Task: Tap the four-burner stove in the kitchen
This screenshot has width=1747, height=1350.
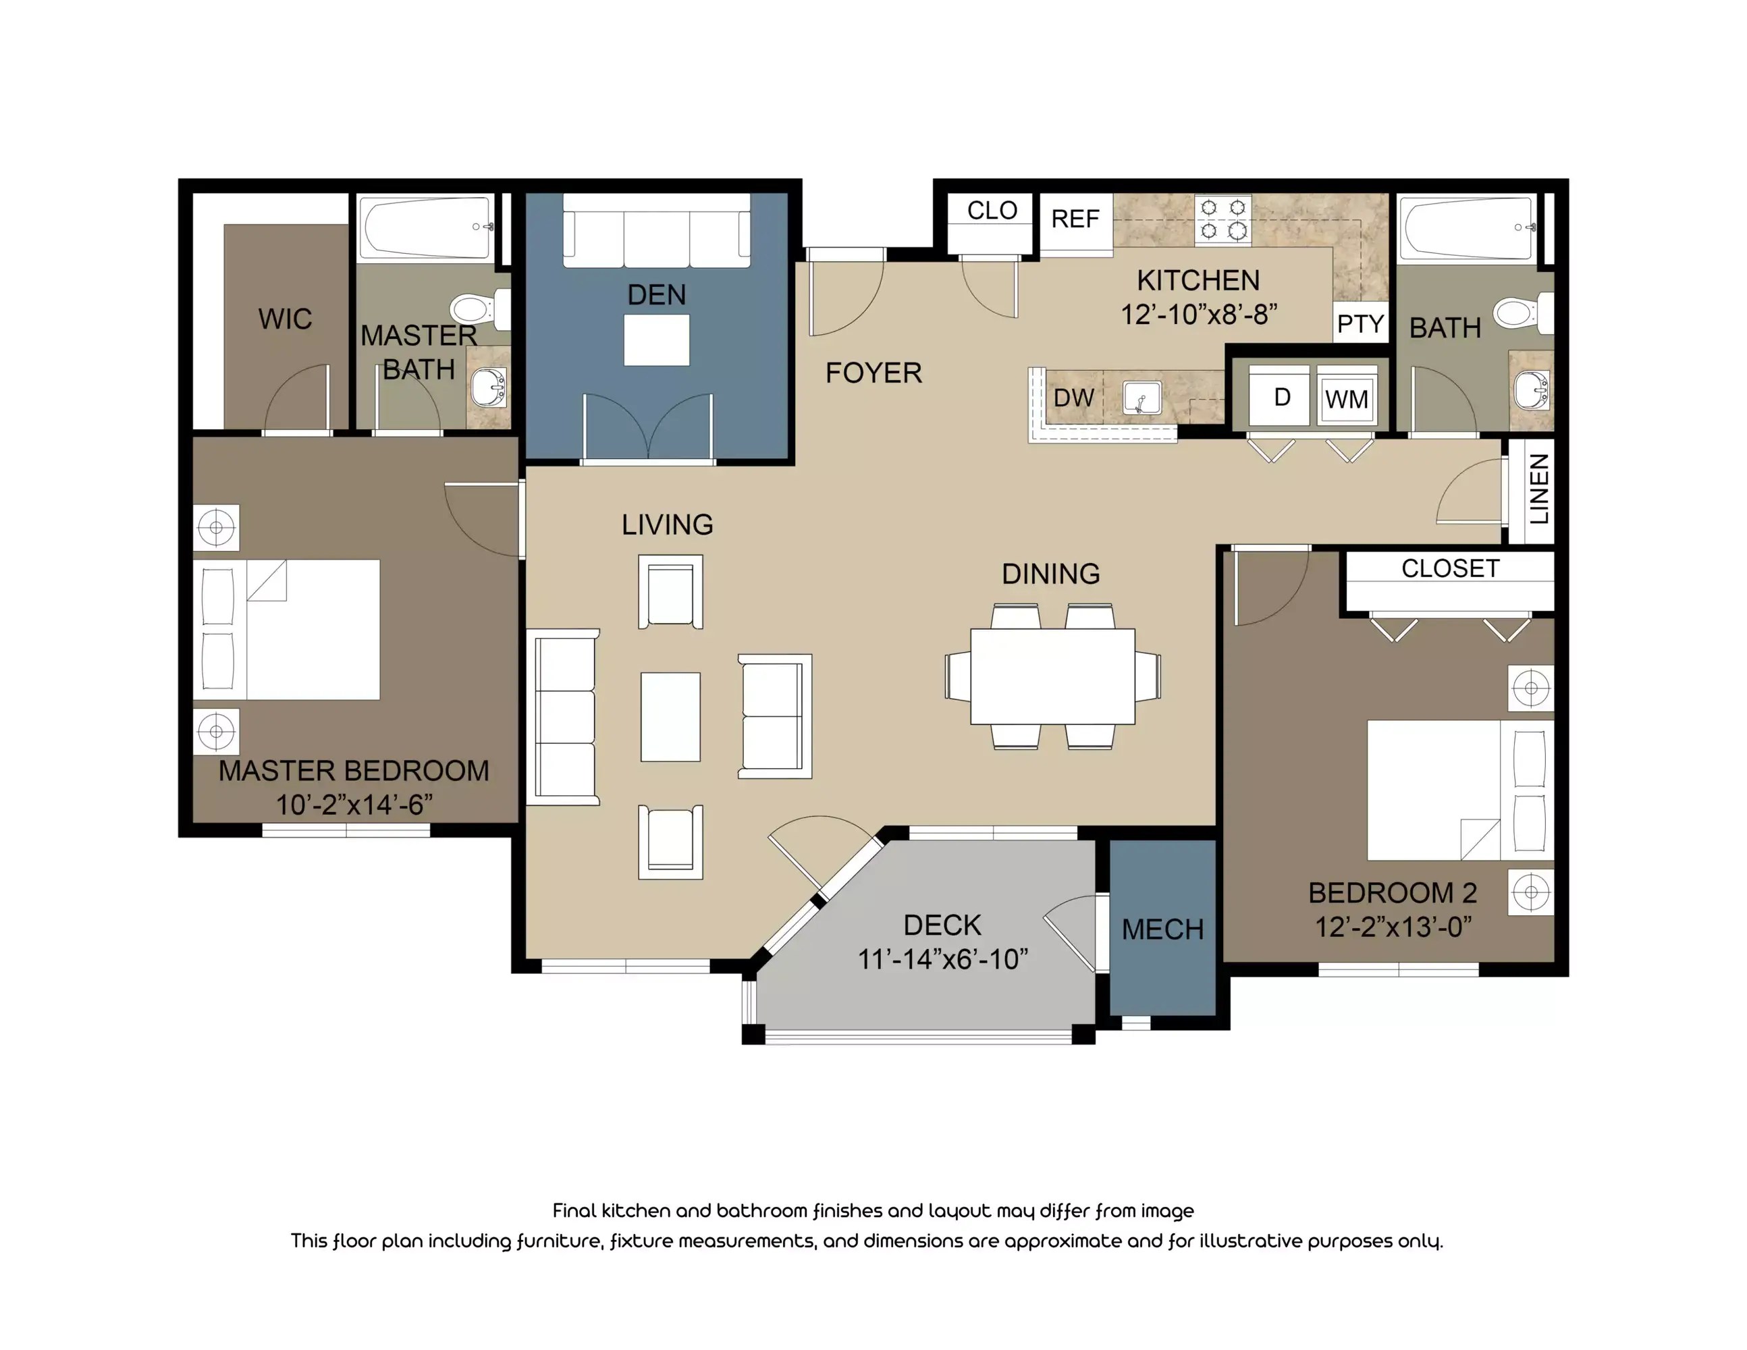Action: [1223, 219]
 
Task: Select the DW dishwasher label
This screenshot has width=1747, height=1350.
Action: [1073, 398]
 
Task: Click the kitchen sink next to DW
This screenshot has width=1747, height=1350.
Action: [1142, 398]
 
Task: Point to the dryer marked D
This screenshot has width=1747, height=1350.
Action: [1281, 397]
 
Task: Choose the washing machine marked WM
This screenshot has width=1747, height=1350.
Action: [1346, 398]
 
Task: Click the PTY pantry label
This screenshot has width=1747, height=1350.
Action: [1360, 324]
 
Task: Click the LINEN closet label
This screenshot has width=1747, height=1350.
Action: [1539, 489]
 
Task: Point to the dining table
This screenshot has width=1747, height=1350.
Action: [1052, 676]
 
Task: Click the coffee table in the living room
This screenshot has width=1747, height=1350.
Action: [670, 717]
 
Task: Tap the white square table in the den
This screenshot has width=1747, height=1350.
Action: [657, 340]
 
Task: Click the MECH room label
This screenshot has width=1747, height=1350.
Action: [1162, 929]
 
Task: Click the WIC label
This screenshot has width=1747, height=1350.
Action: [285, 319]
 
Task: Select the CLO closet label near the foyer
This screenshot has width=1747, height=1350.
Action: [992, 211]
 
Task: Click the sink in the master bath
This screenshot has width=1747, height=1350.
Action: [487, 388]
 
